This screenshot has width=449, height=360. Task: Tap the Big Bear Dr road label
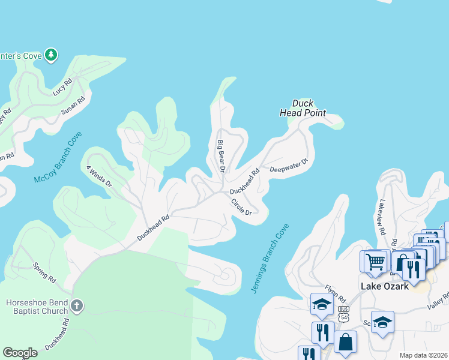220,156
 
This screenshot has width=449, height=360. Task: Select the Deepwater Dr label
288,164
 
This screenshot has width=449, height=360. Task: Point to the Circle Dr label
241,206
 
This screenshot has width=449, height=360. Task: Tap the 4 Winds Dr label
99,176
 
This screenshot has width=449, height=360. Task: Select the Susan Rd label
73,105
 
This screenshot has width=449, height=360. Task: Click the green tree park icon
52,55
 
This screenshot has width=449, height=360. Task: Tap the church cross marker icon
76,306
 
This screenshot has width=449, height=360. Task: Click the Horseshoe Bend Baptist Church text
37,307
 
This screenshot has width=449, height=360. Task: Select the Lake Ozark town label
384,286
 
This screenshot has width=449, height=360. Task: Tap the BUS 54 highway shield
343,312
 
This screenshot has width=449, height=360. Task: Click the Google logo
20,353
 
